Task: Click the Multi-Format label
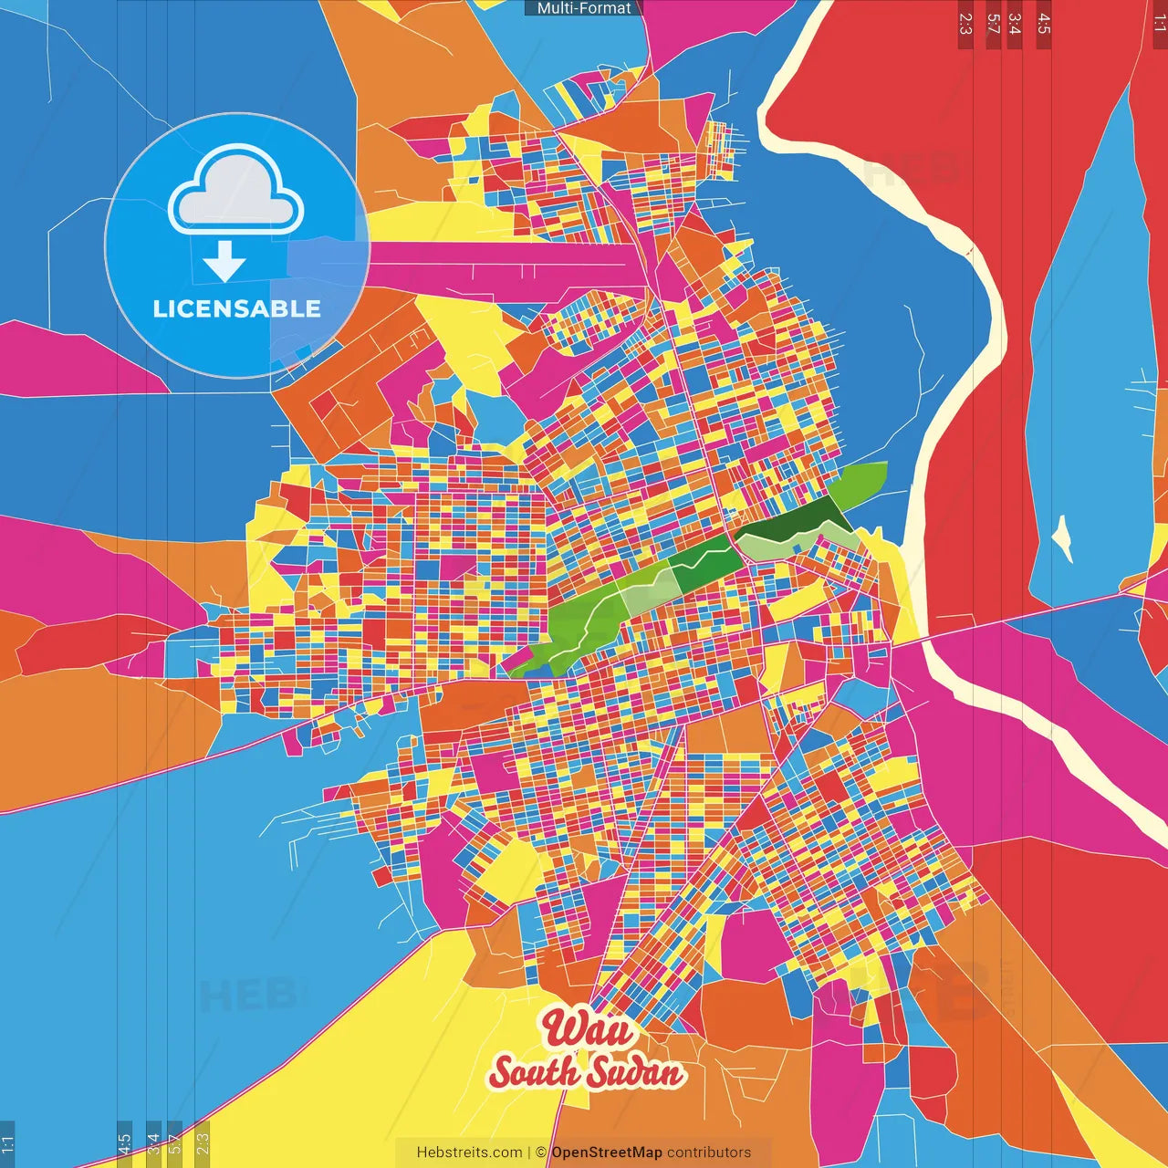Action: pos(584,8)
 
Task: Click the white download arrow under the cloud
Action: pos(224,261)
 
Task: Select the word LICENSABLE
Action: pos(236,308)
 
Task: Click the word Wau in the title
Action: pos(589,1028)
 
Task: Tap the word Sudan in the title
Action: pos(635,1072)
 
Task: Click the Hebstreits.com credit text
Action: pos(469,1152)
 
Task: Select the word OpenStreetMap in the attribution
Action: pos(607,1152)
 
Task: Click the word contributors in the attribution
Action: pos(709,1152)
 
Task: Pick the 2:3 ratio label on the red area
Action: pos(965,24)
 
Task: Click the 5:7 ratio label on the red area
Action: pos(993,24)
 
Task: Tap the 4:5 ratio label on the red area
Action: pos(1044,24)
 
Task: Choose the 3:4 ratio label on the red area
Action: pos(1014,24)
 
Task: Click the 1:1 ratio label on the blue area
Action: pos(7,1143)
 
